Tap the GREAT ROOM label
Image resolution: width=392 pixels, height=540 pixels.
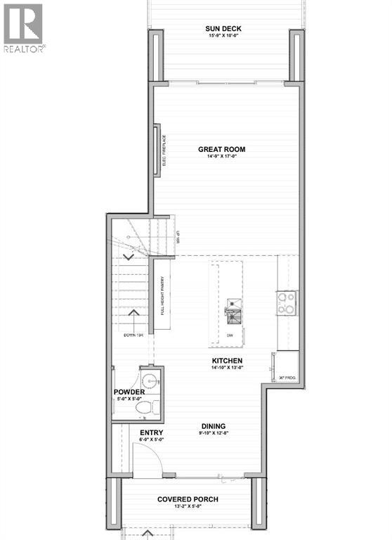point(221,149)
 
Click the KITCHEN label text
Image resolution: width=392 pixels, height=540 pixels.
point(228,361)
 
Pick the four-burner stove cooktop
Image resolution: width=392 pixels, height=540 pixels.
point(287,303)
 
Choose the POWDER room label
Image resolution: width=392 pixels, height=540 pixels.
point(129,392)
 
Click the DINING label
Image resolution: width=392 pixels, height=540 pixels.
point(213,426)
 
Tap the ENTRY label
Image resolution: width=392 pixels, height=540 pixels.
point(152,432)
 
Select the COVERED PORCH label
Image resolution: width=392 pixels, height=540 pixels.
point(188,499)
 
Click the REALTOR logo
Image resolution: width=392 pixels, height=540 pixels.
point(24,28)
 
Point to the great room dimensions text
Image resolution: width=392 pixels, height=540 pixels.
point(221,157)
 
